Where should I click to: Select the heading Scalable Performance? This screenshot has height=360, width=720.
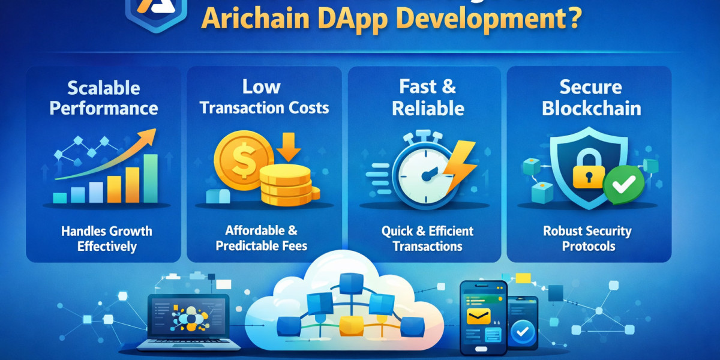click(x=104, y=98)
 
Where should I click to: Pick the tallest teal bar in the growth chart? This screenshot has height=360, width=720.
click(x=151, y=178)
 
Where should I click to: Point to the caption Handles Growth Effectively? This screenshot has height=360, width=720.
click(x=107, y=238)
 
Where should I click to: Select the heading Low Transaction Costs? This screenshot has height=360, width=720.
click(x=264, y=97)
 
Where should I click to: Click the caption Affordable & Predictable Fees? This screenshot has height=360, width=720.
click(x=262, y=238)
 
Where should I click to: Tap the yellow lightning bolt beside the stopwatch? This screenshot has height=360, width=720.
click(x=461, y=166)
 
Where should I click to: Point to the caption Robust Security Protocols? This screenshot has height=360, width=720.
click(x=587, y=238)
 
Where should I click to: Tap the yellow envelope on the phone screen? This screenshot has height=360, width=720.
click(x=481, y=316)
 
